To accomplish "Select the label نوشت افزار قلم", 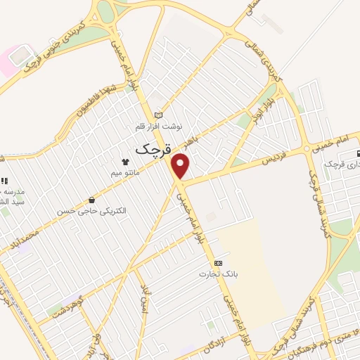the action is tap(159, 127).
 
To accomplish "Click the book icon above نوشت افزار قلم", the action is tap(158, 115).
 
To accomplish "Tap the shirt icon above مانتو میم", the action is tap(126, 161).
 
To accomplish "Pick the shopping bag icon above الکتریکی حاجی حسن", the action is tap(92, 200).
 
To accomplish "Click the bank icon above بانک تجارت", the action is tap(227, 262).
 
